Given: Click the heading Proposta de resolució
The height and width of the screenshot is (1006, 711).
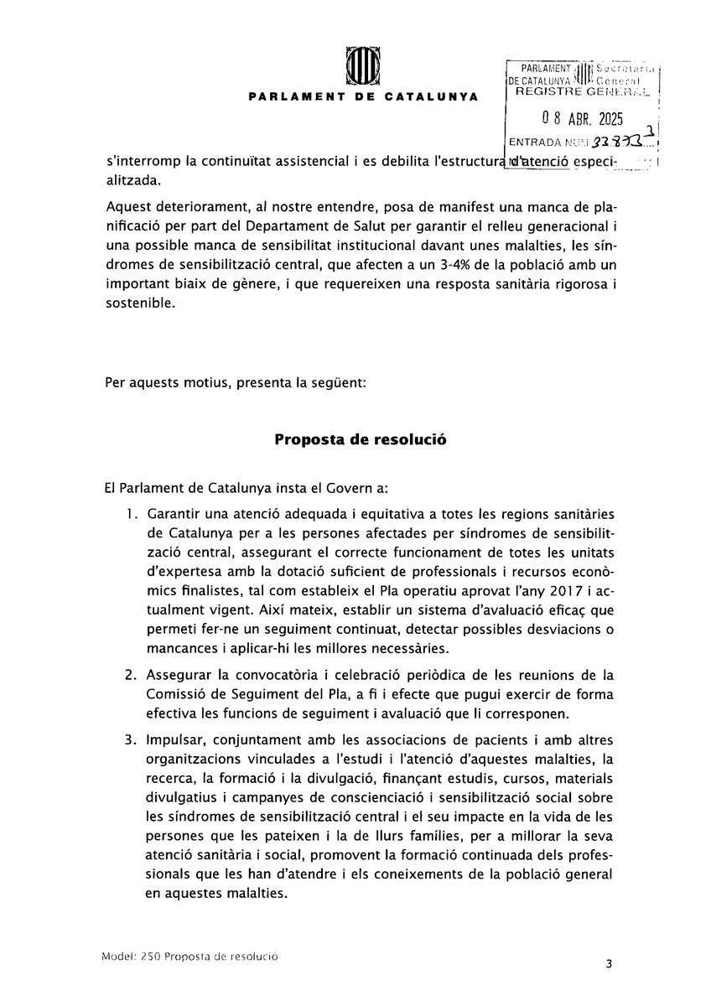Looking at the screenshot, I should point(355,439).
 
